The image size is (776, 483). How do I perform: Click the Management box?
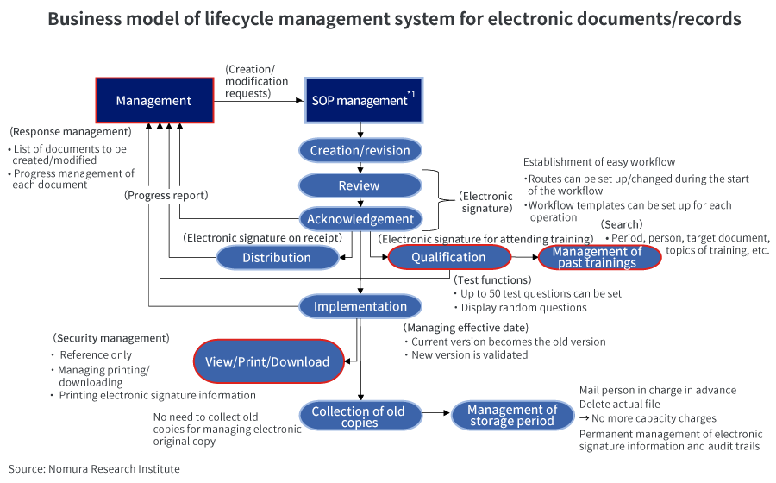[x=153, y=100]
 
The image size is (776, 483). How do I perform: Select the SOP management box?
[x=363, y=100]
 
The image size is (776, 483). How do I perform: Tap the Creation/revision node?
[x=360, y=150]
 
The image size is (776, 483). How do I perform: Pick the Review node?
[x=360, y=185]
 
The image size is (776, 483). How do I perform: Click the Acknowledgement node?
[x=360, y=219]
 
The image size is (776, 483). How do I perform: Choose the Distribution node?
[x=277, y=257]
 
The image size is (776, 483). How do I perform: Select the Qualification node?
[x=448, y=257]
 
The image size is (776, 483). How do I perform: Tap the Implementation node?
[x=360, y=306]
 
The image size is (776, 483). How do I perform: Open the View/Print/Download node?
[x=267, y=361]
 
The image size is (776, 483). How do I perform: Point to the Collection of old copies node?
[x=359, y=417]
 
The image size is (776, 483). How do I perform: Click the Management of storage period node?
[x=513, y=416]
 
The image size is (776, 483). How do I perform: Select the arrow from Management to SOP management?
[x=259, y=100]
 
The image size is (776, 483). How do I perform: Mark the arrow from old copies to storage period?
[x=435, y=416]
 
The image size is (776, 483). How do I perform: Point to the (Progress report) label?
[x=166, y=195]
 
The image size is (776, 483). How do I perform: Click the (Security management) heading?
[x=111, y=337]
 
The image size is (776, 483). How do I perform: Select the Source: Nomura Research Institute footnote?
[x=95, y=468]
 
